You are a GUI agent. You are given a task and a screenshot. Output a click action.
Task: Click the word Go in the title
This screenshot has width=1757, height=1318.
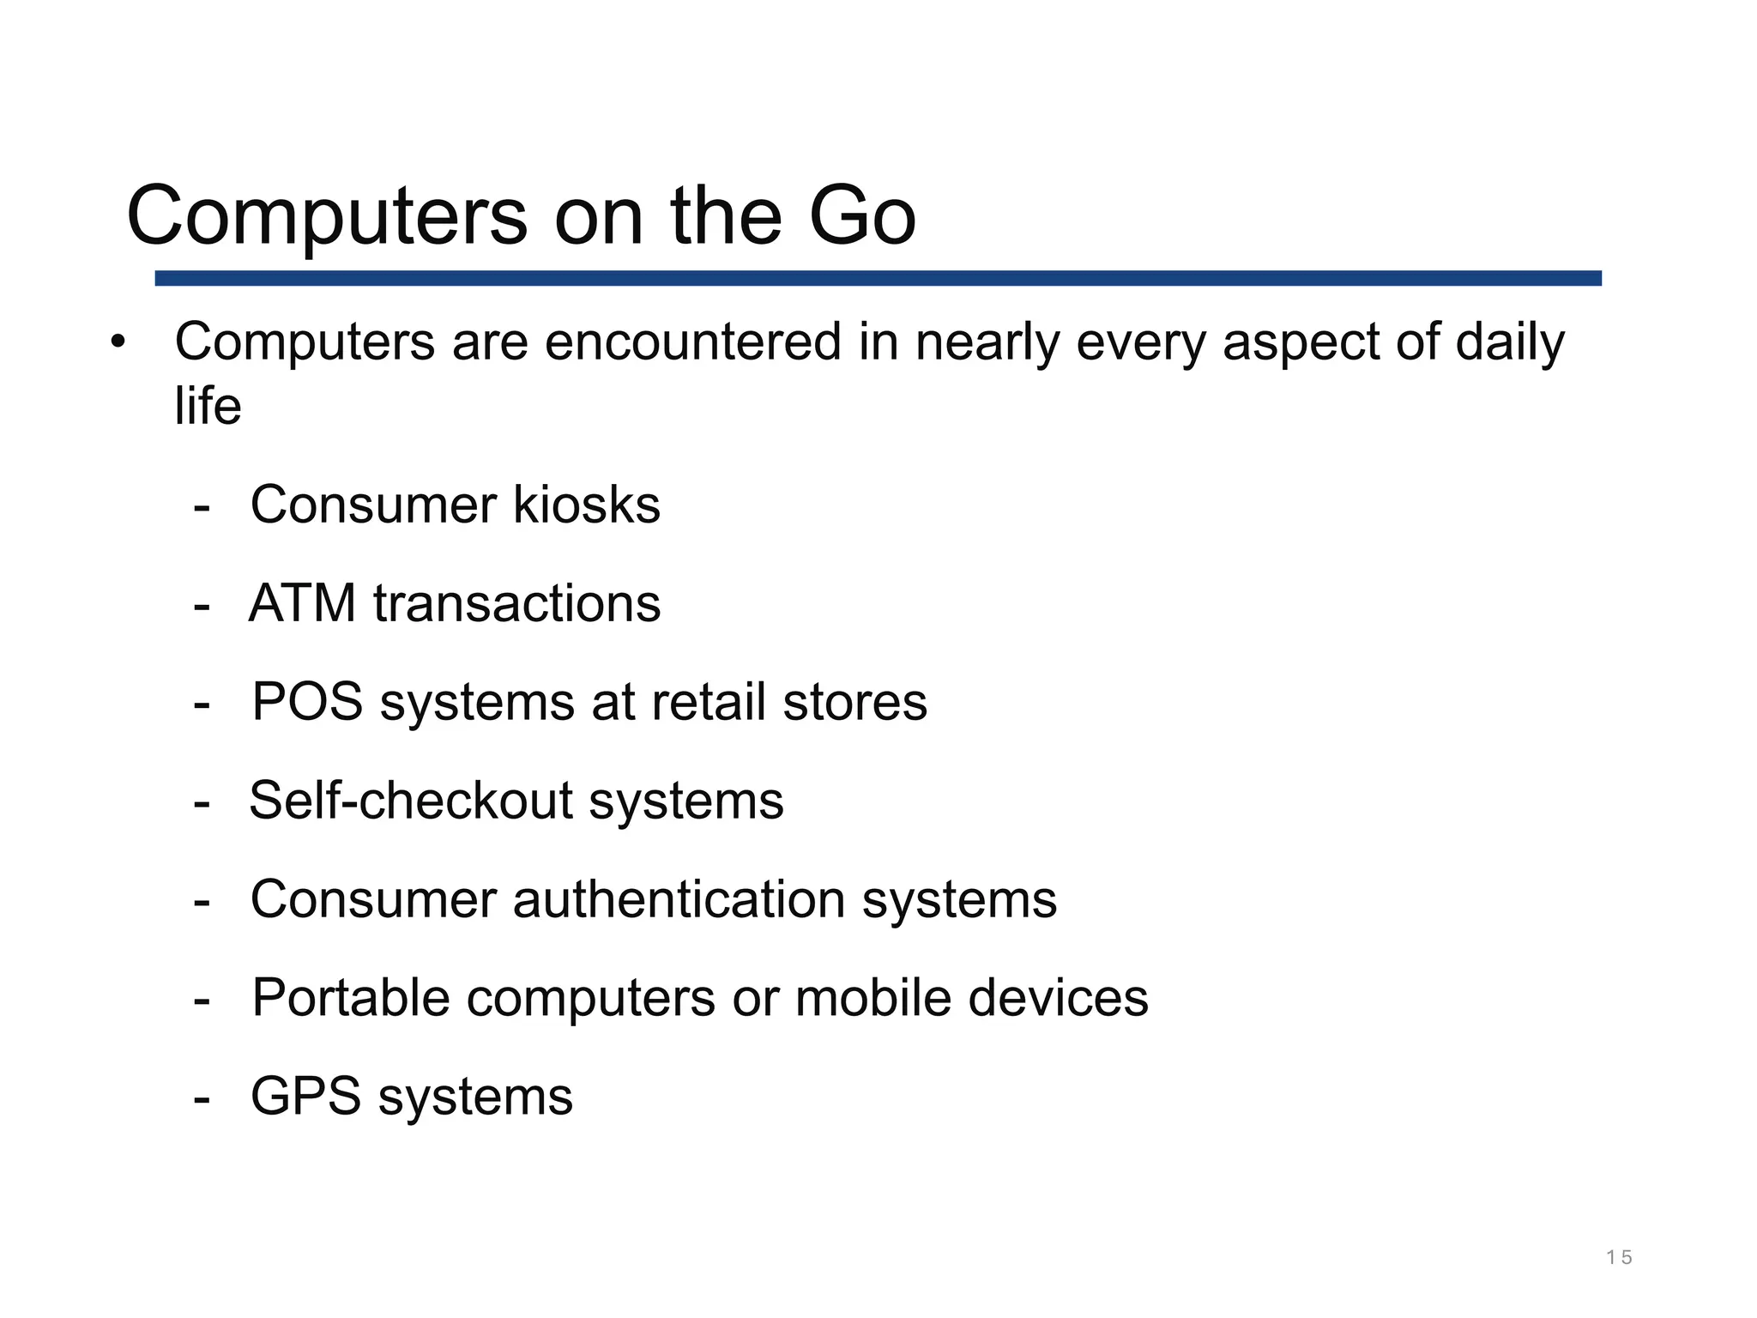pos(861,216)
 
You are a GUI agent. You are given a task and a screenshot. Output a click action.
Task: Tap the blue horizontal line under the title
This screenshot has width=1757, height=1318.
pos(877,278)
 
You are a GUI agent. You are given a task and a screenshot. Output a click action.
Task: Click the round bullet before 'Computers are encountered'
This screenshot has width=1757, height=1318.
pos(118,342)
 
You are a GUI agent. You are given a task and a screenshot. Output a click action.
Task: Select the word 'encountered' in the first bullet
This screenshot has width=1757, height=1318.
pos(693,342)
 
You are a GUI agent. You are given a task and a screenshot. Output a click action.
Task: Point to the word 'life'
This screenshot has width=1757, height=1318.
pos(208,406)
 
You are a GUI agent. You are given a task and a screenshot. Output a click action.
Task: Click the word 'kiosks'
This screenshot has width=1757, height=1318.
pos(587,505)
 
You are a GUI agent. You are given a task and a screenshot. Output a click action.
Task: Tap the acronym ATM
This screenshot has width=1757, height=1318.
pos(302,603)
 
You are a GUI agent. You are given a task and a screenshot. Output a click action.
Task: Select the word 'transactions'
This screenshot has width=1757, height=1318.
pos(516,603)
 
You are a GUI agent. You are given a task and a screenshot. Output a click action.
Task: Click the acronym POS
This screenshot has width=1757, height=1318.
pos(307,702)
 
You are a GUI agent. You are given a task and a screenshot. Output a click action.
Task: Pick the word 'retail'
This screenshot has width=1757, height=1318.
pos(708,702)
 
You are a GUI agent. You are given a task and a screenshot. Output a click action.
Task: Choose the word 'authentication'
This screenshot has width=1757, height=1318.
pos(679,899)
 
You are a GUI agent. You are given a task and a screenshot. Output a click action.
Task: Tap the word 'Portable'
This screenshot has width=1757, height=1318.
pos(350,998)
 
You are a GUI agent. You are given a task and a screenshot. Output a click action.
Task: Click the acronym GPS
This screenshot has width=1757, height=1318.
pos(305,1097)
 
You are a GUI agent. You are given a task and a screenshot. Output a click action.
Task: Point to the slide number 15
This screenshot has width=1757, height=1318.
pos(1619,1258)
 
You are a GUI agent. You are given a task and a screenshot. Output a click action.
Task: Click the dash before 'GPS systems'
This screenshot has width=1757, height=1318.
pos(202,1098)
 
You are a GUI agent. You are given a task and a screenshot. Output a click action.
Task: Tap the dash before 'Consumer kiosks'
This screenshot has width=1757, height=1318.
pos(202,507)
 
